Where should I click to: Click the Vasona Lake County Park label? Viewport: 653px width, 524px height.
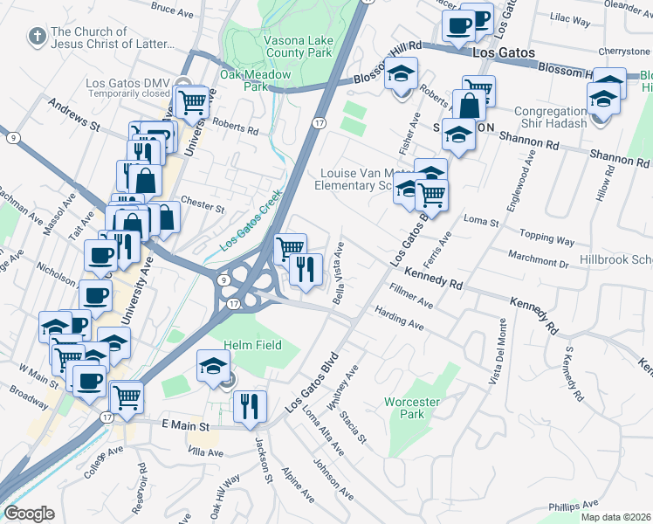(299, 46)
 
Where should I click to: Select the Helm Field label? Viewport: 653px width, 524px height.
(253, 345)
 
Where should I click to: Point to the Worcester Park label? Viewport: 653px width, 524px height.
(416, 409)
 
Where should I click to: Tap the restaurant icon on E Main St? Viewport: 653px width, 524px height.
(250, 406)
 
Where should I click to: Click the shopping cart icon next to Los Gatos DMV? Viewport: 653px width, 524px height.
(191, 102)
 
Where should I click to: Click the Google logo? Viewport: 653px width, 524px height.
(29, 513)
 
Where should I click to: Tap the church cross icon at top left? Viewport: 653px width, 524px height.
(37, 36)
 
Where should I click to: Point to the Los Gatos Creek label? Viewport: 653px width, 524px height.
(251, 222)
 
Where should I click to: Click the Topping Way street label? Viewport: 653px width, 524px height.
(547, 238)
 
